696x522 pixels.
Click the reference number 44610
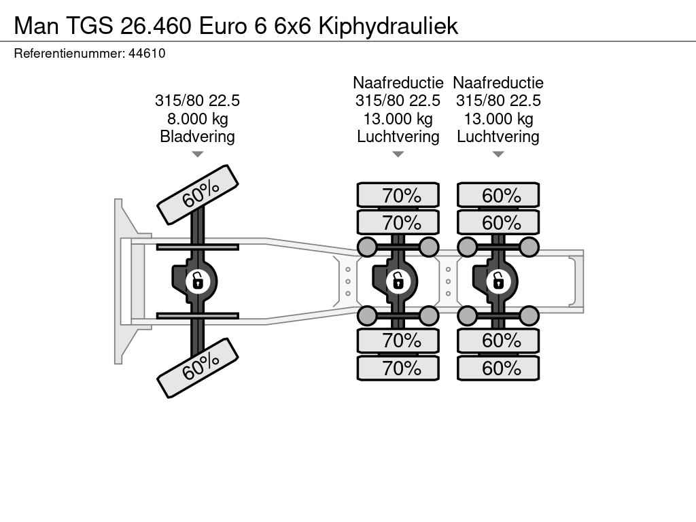(x=147, y=54)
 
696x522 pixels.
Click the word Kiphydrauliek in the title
(x=388, y=26)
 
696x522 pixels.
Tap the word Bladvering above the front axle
(x=198, y=136)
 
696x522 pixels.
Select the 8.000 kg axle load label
(x=198, y=118)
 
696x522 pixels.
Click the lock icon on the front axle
(x=198, y=281)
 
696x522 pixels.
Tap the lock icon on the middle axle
(x=398, y=281)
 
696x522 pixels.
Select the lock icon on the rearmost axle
(x=498, y=281)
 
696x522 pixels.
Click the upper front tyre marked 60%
(x=198, y=195)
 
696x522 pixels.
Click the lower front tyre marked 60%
(x=198, y=368)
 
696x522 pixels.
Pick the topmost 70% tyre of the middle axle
(x=398, y=195)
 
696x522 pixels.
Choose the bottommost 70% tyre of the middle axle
(x=398, y=368)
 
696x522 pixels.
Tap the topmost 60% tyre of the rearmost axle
(x=498, y=195)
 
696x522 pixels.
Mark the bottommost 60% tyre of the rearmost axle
(x=498, y=368)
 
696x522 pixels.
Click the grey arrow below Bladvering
(x=198, y=154)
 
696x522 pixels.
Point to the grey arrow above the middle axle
(x=398, y=154)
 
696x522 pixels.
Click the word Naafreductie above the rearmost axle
(x=498, y=82)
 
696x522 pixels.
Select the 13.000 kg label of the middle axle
(x=398, y=118)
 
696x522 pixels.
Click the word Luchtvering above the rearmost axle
(x=498, y=136)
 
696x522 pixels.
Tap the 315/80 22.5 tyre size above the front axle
(x=198, y=101)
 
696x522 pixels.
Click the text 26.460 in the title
(x=156, y=26)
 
